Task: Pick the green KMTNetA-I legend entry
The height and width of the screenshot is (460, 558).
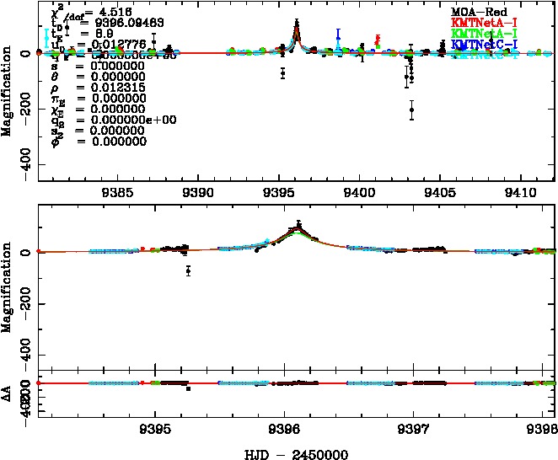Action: (485, 33)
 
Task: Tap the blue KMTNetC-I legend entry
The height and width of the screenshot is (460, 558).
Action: (485, 43)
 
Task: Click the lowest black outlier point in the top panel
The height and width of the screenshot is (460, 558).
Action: (411, 110)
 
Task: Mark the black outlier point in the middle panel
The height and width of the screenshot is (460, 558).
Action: (189, 270)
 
